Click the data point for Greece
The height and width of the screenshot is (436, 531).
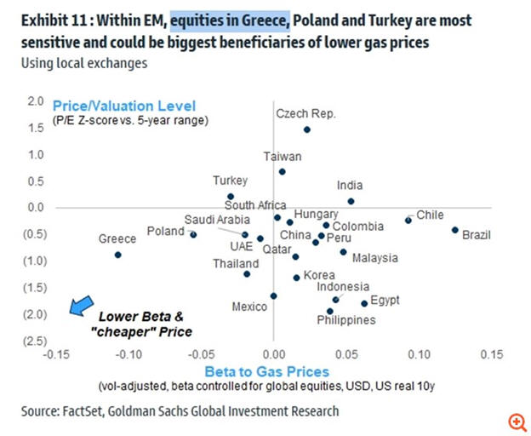[x=117, y=255]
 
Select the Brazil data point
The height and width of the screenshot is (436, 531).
[x=455, y=230]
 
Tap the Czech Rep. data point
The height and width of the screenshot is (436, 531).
[x=306, y=129]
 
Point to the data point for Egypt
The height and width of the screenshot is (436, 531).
[x=364, y=303]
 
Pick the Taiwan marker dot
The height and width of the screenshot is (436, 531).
[x=283, y=171]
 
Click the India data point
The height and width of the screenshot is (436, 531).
[x=351, y=201]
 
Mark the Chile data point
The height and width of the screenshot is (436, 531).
[x=408, y=220]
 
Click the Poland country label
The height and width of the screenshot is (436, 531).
[x=165, y=231]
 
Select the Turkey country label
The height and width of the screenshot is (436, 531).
[x=230, y=181]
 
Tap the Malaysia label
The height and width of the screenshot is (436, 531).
[x=375, y=258]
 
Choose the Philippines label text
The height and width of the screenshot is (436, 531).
[x=346, y=320]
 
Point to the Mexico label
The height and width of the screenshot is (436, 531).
[x=249, y=307]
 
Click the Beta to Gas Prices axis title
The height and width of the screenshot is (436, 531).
[x=266, y=371]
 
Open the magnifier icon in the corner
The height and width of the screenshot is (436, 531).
[x=515, y=422]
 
